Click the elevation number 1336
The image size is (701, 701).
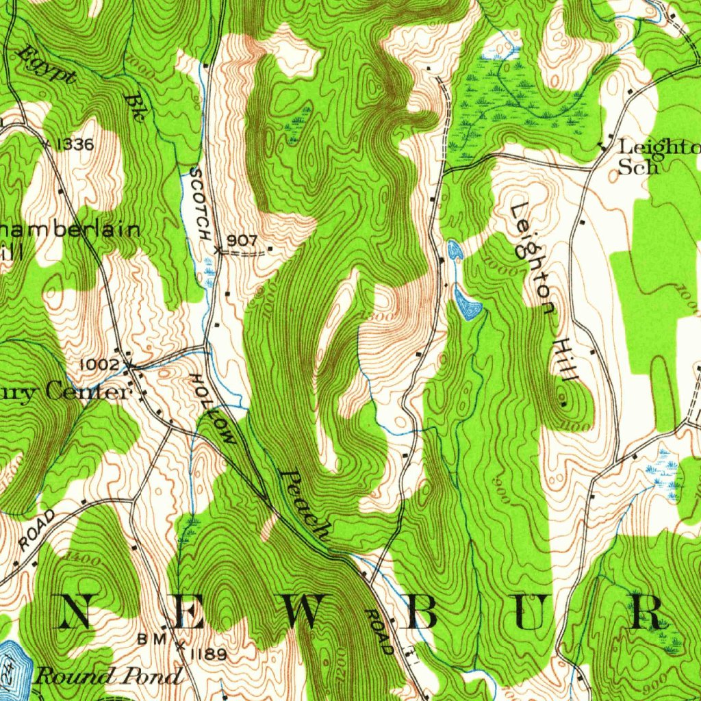click(x=76, y=144)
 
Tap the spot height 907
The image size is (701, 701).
click(x=242, y=240)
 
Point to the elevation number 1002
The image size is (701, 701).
click(x=100, y=365)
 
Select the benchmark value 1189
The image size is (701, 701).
click(x=206, y=655)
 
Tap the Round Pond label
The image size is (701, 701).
click(x=109, y=676)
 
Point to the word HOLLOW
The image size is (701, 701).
click(x=214, y=409)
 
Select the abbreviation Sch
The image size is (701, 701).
click(x=638, y=166)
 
